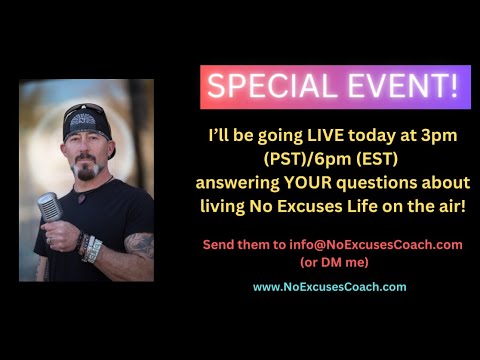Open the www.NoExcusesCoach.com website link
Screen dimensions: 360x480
coord(329,286)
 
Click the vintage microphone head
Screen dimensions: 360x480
coord(48,208)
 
